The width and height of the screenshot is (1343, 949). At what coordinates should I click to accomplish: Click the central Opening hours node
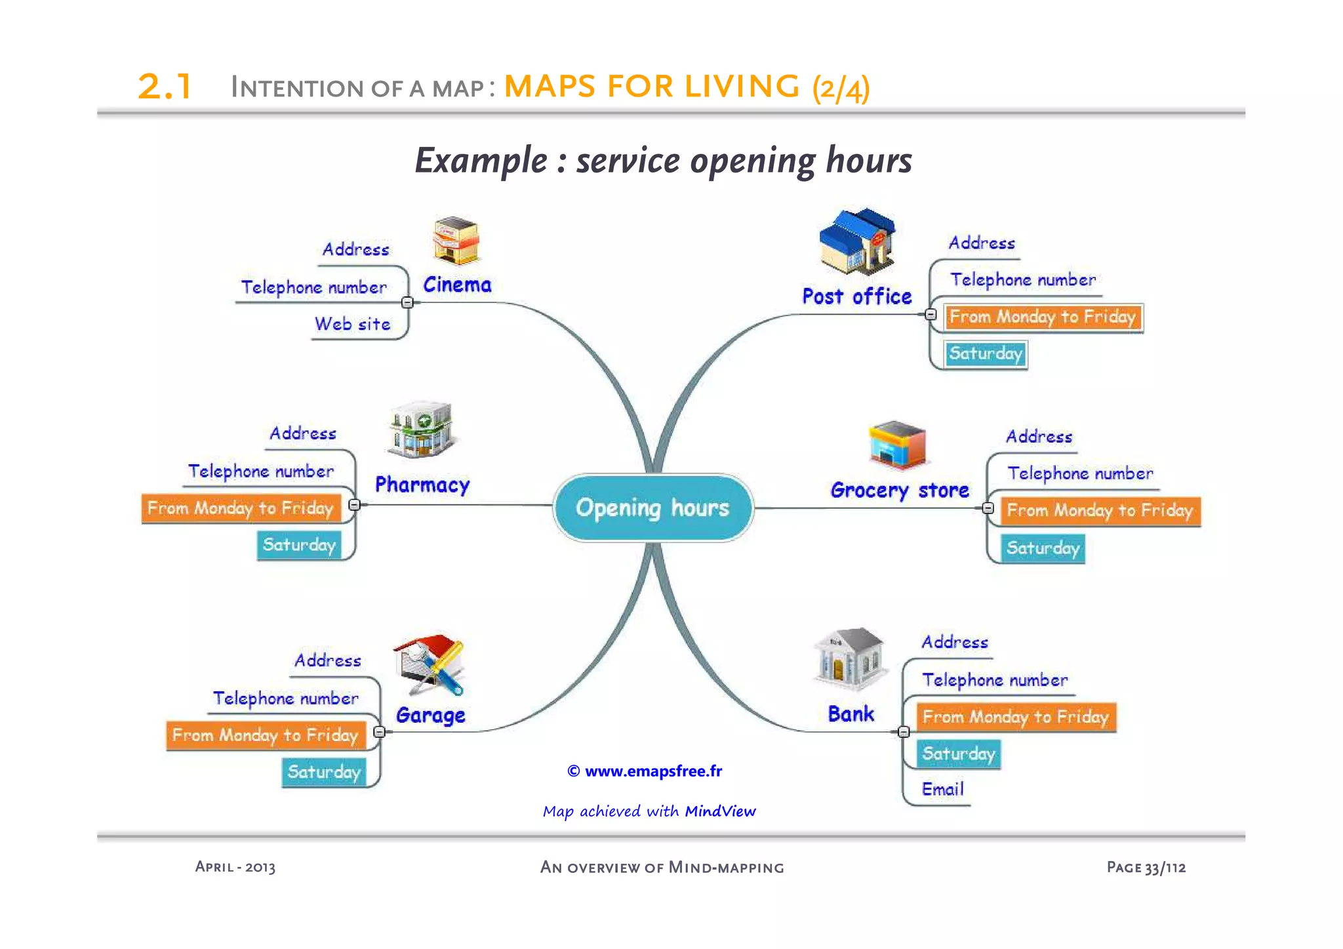(653, 508)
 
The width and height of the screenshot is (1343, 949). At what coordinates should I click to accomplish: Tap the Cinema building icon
(456, 241)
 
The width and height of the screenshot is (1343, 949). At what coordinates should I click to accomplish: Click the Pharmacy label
(422, 485)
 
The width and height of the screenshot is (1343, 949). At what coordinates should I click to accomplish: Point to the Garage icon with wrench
(430, 664)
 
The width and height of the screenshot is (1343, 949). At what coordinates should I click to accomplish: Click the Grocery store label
(900, 490)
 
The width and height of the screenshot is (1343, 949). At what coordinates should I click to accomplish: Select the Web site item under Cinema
(352, 324)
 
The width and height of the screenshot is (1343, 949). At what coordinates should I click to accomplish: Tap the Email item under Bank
(942, 789)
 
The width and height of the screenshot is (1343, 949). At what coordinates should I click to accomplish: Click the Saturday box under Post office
(986, 354)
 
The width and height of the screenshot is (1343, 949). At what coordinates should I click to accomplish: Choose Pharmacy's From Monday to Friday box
(241, 508)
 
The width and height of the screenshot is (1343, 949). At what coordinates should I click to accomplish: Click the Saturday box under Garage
(324, 772)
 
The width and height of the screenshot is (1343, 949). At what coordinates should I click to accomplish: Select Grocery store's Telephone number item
(1079, 474)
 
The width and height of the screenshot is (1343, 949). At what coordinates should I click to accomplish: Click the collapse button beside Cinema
(407, 302)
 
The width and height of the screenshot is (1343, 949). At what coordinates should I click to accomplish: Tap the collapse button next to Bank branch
(903, 731)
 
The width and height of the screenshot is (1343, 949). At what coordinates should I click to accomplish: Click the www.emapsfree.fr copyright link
(646, 771)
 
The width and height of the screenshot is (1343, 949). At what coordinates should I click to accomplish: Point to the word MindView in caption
(720, 811)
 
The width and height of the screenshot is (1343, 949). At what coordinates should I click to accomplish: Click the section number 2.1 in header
(165, 87)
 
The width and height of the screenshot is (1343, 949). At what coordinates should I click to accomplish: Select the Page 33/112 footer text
(1146, 867)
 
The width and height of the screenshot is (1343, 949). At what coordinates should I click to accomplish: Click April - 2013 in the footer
(235, 867)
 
